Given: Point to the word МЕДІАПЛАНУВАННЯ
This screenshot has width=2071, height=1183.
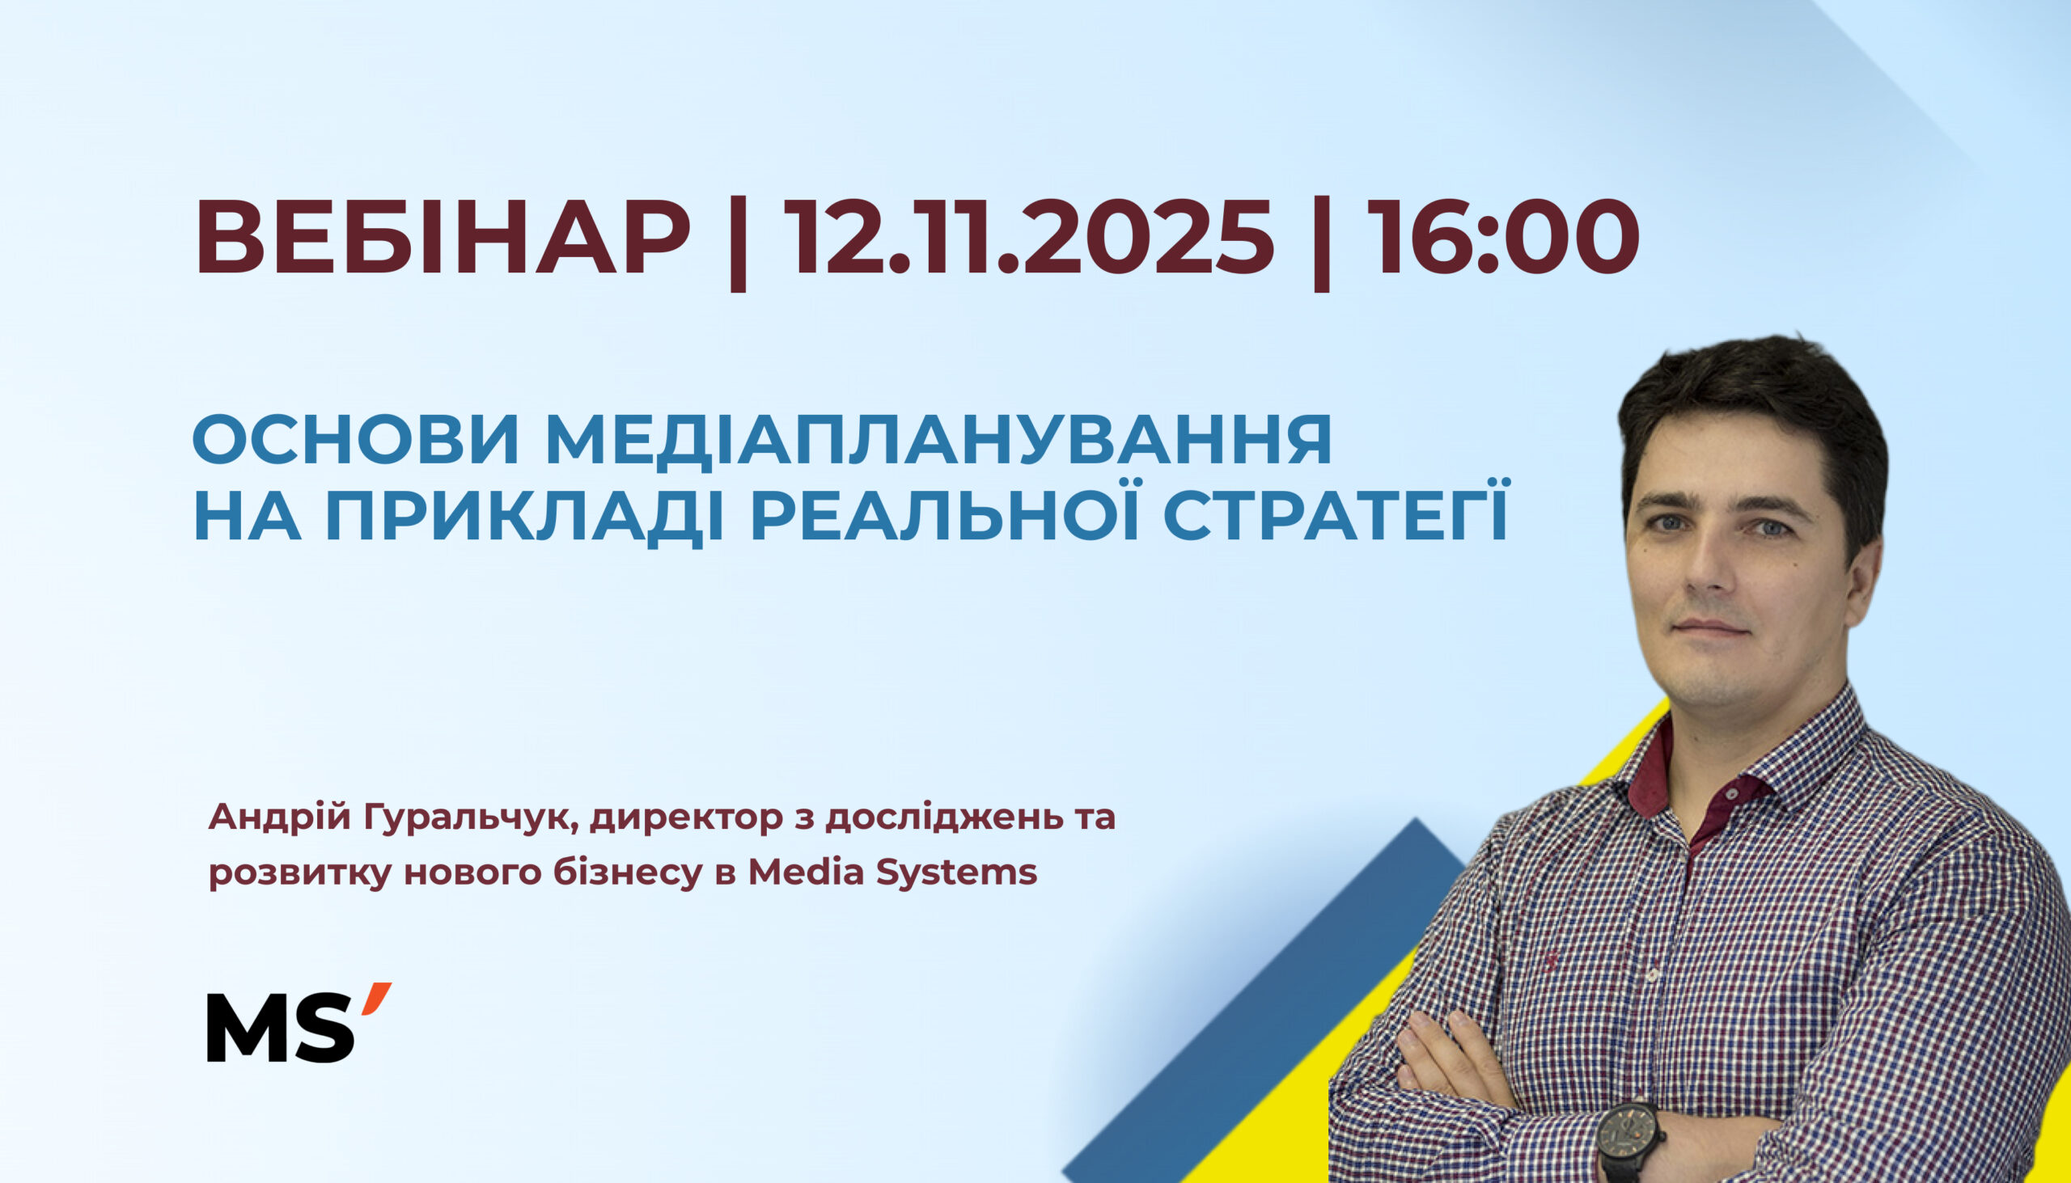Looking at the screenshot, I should (938, 441).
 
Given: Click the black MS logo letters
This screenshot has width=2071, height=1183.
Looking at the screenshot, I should (281, 1027).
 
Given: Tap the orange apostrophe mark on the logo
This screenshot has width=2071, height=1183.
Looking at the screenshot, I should (377, 998).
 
